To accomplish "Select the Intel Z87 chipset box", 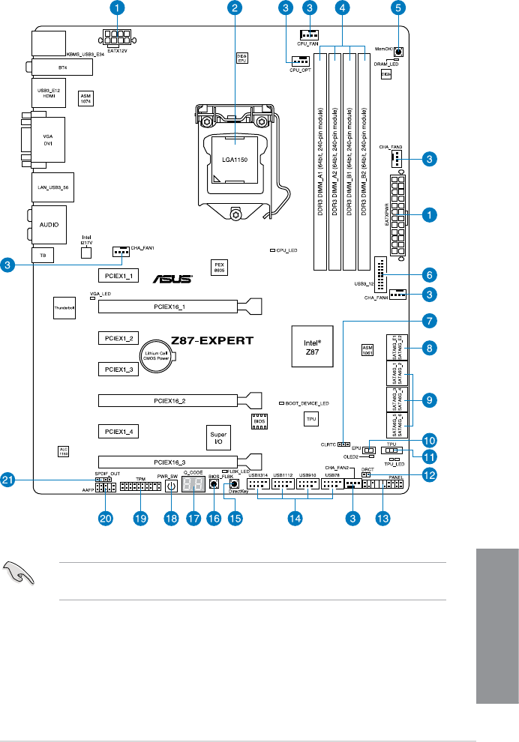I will coord(311,346).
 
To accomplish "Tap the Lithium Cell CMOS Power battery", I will coord(158,357).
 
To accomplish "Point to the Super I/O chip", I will coord(218,436).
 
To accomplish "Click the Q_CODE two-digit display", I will coord(194,486).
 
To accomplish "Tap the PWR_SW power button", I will coord(170,486).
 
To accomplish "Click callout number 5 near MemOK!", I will coord(397,9).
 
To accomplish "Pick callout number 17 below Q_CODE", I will coord(195,517).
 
